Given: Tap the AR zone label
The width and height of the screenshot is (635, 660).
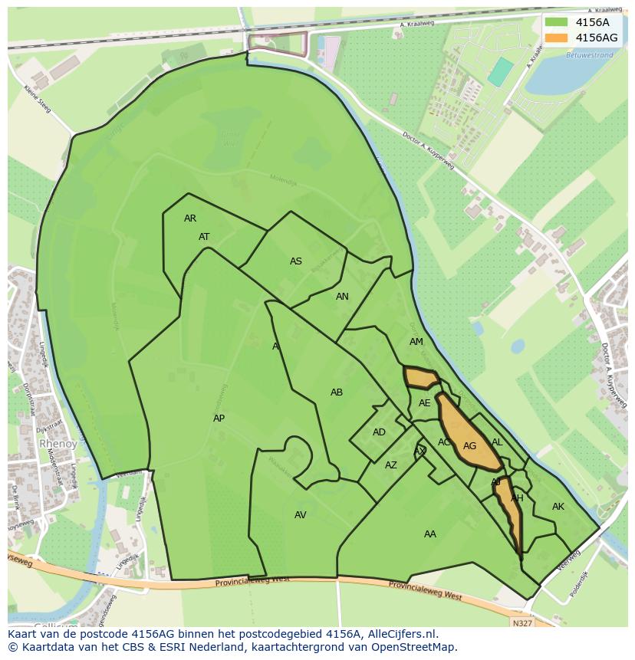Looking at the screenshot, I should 190,218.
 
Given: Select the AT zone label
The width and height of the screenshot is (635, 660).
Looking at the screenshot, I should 204,237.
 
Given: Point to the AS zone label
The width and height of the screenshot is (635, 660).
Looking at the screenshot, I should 296,261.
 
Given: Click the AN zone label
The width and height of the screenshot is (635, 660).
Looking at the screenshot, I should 342,297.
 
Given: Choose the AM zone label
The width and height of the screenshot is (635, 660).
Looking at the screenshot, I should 416,342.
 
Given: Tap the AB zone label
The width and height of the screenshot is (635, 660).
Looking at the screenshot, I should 337,392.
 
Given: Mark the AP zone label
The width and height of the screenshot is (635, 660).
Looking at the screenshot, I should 219,419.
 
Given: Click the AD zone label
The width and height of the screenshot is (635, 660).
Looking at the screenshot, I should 379,432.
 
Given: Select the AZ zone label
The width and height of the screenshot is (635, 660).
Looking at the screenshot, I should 391,465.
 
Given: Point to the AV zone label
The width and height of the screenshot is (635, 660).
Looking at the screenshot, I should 301,515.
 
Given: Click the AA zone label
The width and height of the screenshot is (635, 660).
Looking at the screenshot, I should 430,534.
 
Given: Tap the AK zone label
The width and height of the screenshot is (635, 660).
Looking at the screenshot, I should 558,507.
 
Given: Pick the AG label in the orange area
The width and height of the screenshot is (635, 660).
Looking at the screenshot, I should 470,446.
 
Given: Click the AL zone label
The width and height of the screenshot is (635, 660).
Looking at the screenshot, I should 497,442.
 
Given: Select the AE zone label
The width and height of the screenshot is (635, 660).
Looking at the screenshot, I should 425,403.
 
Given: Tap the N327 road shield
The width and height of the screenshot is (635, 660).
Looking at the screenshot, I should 523,623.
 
